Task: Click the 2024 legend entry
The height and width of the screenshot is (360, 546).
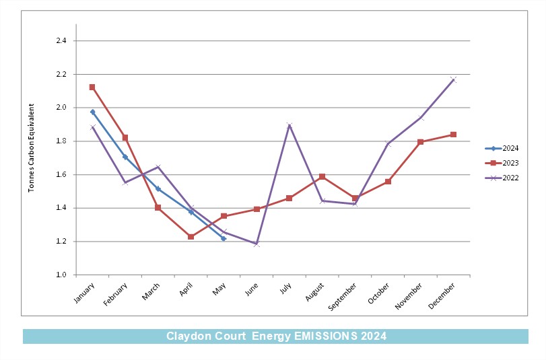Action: (x=502, y=148)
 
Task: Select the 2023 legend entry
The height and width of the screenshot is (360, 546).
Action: (x=502, y=163)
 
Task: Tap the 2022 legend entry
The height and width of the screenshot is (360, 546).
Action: (x=502, y=178)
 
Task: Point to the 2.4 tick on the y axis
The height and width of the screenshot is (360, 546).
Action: (x=61, y=41)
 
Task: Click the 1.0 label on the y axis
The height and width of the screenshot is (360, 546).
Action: (x=61, y=275)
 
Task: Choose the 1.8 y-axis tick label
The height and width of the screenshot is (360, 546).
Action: (x=61, y=141)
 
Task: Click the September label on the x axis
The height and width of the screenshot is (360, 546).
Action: (x=342, y=297)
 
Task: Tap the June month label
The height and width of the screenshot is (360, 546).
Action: (x=252, y=289)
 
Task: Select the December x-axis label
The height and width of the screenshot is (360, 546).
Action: (x=442, y=296)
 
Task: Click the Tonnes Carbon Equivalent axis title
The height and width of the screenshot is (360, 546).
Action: (x=32, y=148)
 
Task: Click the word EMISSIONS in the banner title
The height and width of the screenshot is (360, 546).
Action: (x=326, y=336)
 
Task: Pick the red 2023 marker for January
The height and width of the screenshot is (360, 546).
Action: (x=92, y=87)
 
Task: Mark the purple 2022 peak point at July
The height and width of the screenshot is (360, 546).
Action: (x=289, y=125)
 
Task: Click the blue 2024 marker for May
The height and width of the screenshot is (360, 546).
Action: (x=224, y=239)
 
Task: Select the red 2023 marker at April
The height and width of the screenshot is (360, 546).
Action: (x=191, y=237)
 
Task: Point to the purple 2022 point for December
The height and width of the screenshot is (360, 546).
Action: (x=453, y=79)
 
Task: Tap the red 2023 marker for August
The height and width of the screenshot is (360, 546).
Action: (x=322, y=177)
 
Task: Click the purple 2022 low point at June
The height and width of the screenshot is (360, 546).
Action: (x=257, y=244)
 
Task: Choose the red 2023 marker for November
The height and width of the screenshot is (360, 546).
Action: (x=421, y=142)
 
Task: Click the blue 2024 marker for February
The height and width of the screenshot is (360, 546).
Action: (x=125, y=157)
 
